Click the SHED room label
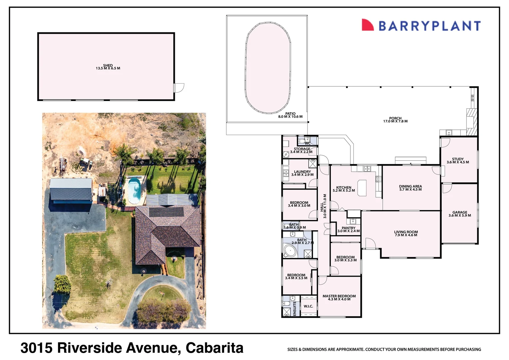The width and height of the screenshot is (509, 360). click(108, 66)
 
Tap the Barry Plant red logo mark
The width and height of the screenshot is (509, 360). click(368, 25)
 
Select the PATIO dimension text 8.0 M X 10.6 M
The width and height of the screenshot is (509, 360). click(290, 117)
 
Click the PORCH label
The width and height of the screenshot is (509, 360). click(395, 118)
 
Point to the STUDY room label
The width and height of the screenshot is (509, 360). click(458, 159)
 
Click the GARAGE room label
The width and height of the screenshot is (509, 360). click(460, 212)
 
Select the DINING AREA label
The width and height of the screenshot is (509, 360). click(410, 187)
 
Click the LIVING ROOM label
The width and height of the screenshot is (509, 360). click(406, 232)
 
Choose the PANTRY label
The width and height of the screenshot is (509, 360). click(348, 228)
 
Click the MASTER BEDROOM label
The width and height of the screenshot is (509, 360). click(339, 296)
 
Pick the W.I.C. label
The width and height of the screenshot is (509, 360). click(308, 306)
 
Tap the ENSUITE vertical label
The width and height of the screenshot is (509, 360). click(295, 309)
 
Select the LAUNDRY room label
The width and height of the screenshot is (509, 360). click(302, 172)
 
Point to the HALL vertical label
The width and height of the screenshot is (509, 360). click(322, 207)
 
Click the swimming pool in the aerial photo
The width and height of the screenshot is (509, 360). click(134, 190)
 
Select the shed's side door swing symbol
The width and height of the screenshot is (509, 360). click(179, 88)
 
